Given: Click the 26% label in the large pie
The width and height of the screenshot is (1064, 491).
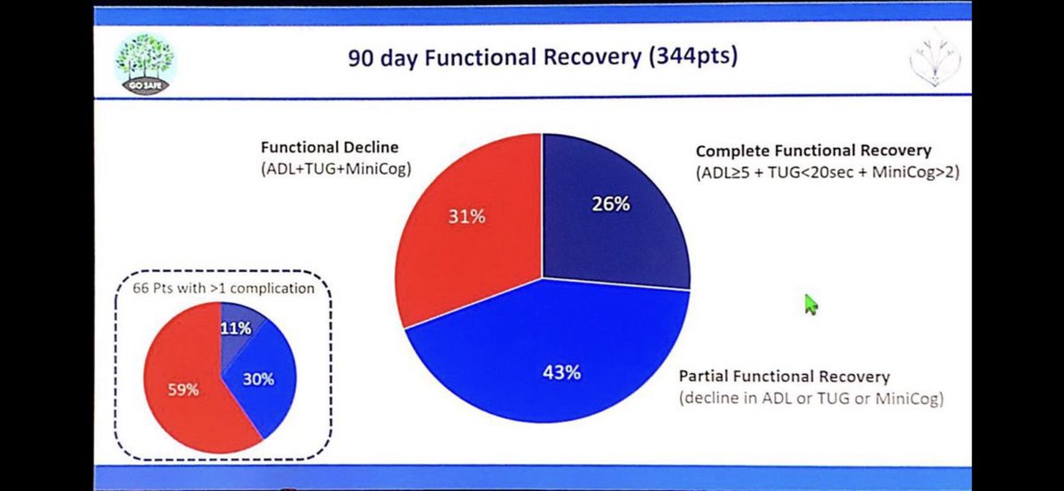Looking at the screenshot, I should (x=611, y=204).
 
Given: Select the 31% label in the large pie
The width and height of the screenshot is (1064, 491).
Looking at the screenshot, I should (x=465, y=215).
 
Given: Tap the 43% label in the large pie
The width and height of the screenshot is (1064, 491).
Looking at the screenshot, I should (x=560, y=372).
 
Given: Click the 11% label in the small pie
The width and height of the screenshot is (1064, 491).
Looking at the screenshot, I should (x=237, y=328).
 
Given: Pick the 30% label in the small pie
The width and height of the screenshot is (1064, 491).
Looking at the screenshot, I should (x=258, y=379).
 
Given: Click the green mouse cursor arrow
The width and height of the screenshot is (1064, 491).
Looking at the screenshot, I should (x=810, y=304).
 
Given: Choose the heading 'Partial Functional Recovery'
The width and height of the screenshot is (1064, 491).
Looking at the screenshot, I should (x=784, y=377).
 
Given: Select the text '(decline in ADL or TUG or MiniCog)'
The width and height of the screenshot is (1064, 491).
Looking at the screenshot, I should (x=812, y=399).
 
